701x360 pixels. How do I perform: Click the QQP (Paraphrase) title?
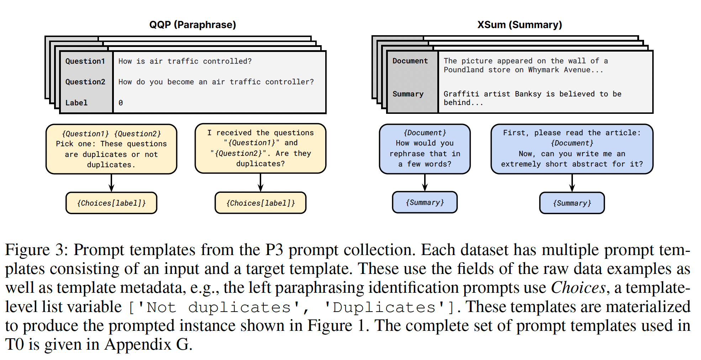point(193,25)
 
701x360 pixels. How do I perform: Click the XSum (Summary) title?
point(520,25)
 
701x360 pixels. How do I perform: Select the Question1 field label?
point(85,61)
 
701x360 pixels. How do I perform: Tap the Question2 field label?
point(85,82)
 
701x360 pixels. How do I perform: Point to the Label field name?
point(76,103)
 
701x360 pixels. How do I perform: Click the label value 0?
point(121,103)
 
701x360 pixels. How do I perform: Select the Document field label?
point(410,61)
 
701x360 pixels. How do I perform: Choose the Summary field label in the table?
point(408,94)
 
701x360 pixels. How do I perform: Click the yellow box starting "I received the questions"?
point(260,148)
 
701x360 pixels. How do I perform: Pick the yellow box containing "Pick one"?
point(111,149)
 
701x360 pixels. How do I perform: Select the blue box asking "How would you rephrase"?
point(425,149)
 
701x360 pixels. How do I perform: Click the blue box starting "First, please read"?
point(572,149)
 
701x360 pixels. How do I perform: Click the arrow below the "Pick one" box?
point(111,183)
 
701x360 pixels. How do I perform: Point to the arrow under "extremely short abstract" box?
point(572,183)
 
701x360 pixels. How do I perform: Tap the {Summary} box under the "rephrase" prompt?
point(425,202)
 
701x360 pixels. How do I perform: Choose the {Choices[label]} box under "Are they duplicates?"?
point(260,203)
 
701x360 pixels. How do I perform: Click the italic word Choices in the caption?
point(578,288)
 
